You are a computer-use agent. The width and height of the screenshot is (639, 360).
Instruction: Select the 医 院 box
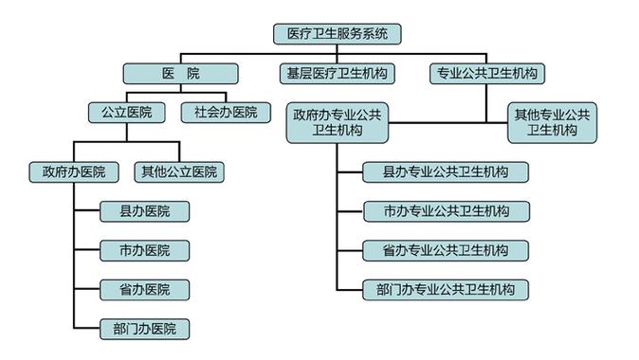(180, 73)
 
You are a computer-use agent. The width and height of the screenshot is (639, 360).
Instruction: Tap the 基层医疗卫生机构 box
(338, 73)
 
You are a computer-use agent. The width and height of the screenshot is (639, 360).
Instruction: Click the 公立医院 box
(126, 112)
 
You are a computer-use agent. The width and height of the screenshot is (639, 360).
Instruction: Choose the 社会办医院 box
(219, 112)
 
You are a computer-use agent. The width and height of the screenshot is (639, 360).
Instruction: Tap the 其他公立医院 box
(179, 172)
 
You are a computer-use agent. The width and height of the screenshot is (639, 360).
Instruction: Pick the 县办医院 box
(145, 211)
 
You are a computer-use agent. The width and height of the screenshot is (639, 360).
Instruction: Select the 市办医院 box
(145, 250)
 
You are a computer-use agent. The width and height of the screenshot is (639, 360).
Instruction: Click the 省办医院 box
(145, 289)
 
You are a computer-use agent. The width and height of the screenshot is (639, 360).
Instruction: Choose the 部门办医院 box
(145, 329)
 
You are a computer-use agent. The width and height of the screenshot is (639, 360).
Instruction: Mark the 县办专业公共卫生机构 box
(446, 172)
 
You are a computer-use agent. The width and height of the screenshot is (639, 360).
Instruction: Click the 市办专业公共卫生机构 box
(446, 211)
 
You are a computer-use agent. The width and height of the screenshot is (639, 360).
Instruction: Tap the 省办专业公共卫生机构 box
(446, 250)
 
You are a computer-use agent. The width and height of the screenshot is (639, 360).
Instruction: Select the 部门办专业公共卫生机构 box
(446, 289)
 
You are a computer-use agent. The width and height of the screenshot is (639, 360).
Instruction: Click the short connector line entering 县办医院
(87, 211)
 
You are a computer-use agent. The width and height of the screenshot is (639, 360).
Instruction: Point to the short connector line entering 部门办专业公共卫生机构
(349, 289)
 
